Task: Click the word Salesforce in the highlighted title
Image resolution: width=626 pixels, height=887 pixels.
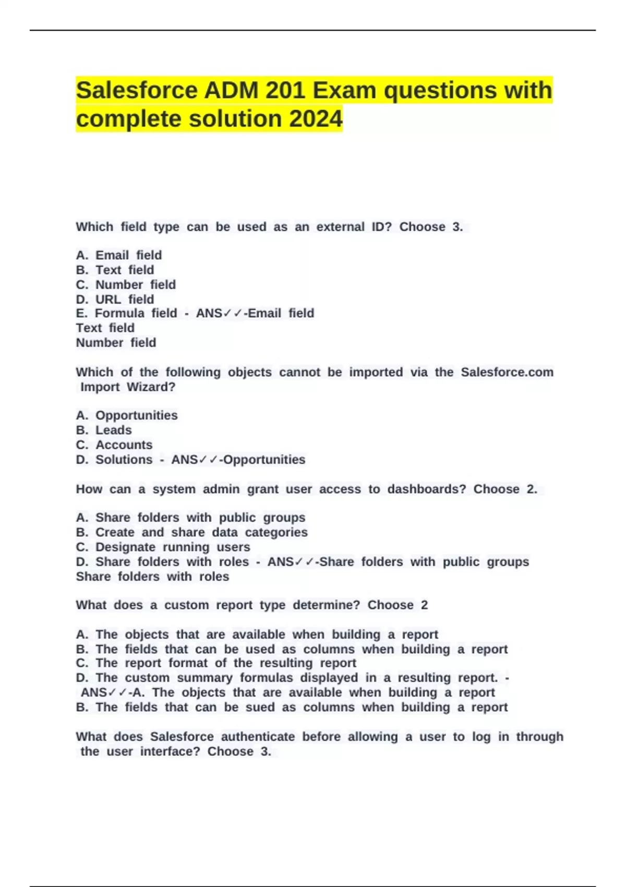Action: [x=136, y=90]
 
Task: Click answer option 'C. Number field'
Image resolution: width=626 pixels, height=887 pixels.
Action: [x=126, y=284]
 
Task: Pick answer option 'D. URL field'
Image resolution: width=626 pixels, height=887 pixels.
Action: [x=115, y=299]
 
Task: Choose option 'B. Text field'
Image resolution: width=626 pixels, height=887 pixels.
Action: [x=115, y=270]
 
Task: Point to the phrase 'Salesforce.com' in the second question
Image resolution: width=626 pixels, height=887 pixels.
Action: [x=507, y=372]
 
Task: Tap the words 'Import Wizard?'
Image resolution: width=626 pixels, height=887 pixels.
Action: [x=128, y=387]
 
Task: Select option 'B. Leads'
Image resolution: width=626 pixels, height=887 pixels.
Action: [x=104, y=430]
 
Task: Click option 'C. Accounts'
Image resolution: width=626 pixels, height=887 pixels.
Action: [x=114, y=445]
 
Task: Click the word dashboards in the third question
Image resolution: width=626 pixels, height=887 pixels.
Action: [x=426, y=489]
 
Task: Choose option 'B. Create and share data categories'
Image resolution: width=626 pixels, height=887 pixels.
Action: [x=191, y=532]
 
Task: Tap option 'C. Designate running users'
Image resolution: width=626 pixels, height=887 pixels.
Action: [x=163, y=547]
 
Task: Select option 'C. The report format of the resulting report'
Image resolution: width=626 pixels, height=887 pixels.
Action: [x=216, y=663]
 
